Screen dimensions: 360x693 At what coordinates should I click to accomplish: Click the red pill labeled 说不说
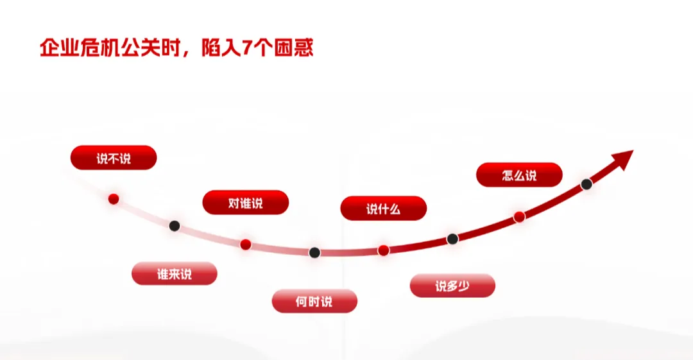coord(114,158)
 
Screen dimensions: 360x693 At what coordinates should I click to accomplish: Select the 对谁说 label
coord(245,203)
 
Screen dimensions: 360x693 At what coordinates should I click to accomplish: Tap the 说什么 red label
coord(383,209)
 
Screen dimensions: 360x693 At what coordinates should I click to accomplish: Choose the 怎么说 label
coord(519,175)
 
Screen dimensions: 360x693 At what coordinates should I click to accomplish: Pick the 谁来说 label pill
coord(175,273)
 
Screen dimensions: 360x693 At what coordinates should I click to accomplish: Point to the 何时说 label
coord(314,301)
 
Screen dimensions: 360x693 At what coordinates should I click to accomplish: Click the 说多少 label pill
coord(452,286)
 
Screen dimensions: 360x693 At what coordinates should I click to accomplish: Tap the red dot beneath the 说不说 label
coord(114,199)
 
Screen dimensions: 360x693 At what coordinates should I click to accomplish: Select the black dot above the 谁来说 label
coord(175,226)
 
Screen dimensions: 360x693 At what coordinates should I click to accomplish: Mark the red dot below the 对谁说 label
coord(245,244)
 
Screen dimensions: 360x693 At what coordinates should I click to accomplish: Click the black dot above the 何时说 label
coord(314,253)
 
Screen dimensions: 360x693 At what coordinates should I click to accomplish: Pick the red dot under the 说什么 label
coord(383,250)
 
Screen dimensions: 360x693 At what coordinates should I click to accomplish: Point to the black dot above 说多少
coord(452,239)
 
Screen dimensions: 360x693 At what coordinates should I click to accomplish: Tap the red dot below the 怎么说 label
coord(519,217)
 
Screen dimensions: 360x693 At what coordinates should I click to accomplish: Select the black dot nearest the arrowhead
coord(586,184)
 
